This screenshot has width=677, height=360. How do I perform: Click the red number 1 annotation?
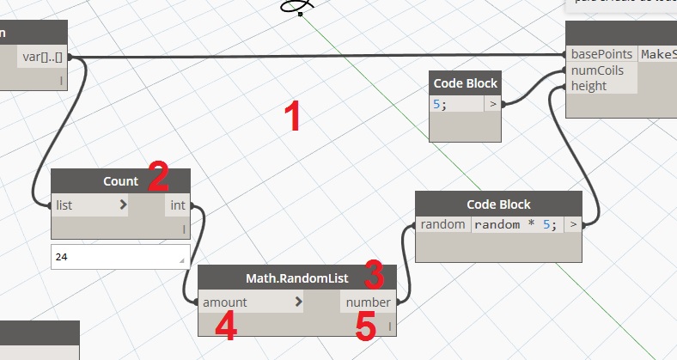293,117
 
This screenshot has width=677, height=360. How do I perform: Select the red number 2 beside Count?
157,176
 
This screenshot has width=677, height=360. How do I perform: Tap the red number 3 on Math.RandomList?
373,274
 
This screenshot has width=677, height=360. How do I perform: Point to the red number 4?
226,328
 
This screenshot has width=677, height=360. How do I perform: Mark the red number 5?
367,328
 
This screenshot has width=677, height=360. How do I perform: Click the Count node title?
120,181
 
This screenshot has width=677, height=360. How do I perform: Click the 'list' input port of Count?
65,205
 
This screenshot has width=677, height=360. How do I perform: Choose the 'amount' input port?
225,302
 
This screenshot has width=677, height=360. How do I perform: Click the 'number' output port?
368,302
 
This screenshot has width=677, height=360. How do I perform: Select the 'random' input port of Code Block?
442,225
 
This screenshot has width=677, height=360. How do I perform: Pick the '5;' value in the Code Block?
440,104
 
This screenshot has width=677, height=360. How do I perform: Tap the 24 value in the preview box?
59,256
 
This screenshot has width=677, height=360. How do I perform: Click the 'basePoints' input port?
601,54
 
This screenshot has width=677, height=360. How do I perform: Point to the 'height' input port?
589,86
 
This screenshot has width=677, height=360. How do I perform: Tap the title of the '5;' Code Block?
465,83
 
